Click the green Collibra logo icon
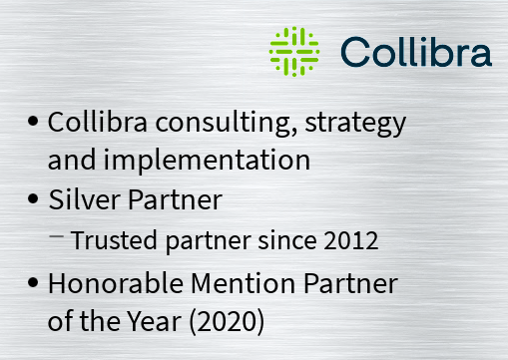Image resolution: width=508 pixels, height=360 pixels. [294, 49]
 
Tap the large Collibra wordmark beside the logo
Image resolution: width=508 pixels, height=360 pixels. [415, 51]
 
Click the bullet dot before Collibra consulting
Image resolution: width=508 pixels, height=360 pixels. [34, 122]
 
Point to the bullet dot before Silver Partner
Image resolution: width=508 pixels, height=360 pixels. [34, 198]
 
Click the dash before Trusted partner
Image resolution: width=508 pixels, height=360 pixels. [58, 235]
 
